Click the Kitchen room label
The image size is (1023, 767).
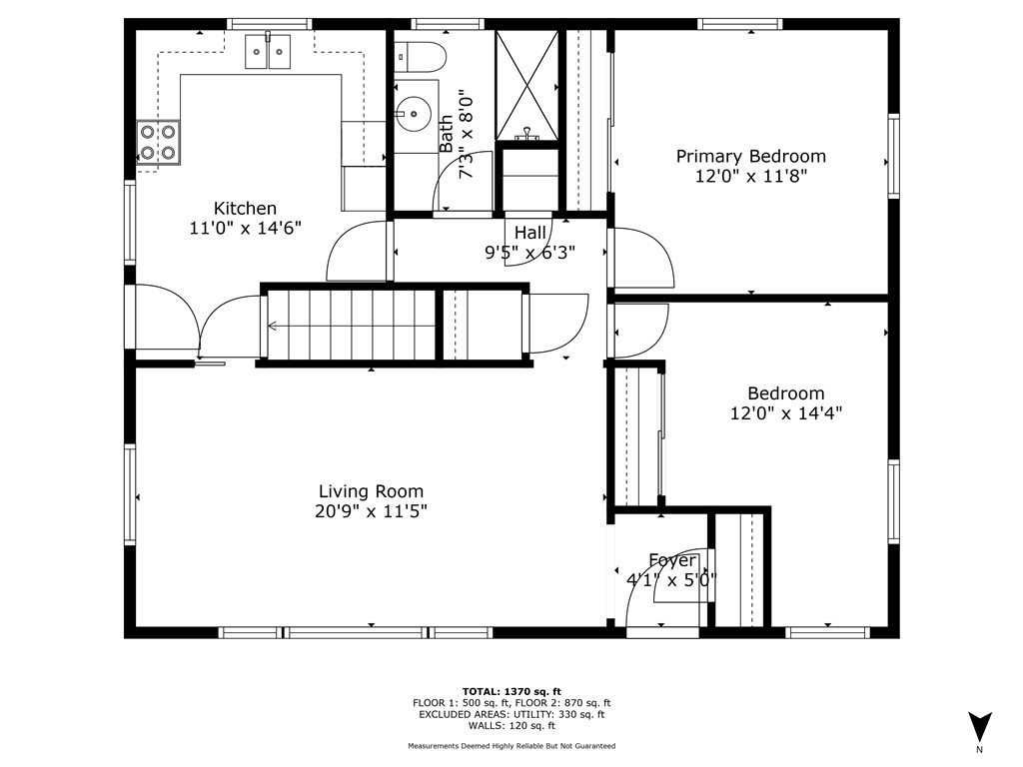[x=246, y=208]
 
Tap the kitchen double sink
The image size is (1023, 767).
[x=268, y=52]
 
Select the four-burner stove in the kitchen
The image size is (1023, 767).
[x=158, y=143]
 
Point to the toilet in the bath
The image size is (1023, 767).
[x=421, y=57]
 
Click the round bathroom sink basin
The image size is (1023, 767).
[x=413, y=114]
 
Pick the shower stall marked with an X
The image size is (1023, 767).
[x=527, y=85]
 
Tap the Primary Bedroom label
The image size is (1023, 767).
[x=751, y=157]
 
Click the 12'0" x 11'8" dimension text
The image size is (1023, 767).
[x=751, y=176]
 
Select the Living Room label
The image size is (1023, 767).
[x=371, y=491]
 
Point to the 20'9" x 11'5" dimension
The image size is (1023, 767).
[x=371, y=511]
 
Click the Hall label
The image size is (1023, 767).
[x=529, y=232]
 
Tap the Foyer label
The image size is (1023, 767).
[x=672, y=561]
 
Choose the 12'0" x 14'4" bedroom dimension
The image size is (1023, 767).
[x=786, y=413]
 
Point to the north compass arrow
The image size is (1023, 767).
[x=979, y=727]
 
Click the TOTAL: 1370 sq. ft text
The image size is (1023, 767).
[x=511, y=691]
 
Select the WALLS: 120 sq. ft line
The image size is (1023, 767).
[x=511, y=725]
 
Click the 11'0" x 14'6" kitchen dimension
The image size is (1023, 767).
[x=246, y=229]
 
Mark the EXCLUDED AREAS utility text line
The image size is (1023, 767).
[x=511, y=714]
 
